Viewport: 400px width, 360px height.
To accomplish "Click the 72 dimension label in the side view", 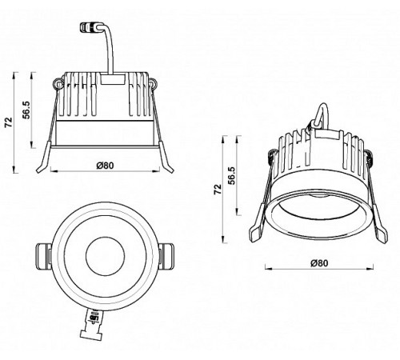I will (x=9, y=122).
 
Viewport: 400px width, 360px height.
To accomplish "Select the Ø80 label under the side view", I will (x=104, y=166).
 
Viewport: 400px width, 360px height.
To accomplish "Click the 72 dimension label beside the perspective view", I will (x=217, y=190).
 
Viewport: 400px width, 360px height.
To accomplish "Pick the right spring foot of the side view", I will (x=166, y=165).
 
